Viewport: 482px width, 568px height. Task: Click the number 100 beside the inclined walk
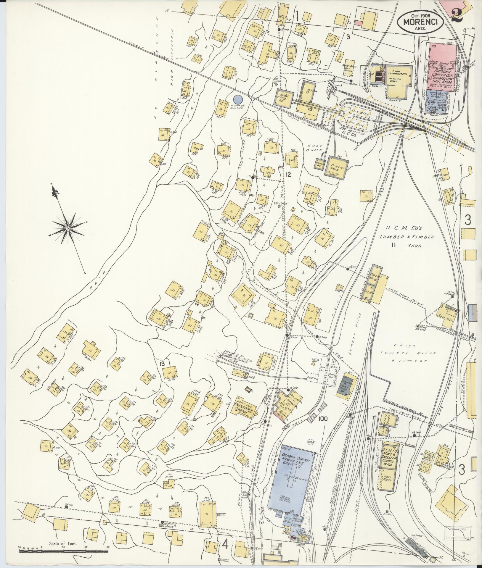tap(324, 427)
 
